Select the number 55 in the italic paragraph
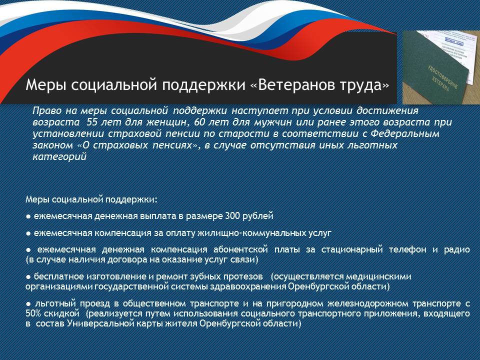point(92,122)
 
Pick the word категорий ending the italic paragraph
point(59,157)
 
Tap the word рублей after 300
point(258,216)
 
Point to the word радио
point(456,250)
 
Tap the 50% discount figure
point(33,314)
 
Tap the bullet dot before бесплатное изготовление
point(28,277)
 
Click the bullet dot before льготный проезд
point(28,304)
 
